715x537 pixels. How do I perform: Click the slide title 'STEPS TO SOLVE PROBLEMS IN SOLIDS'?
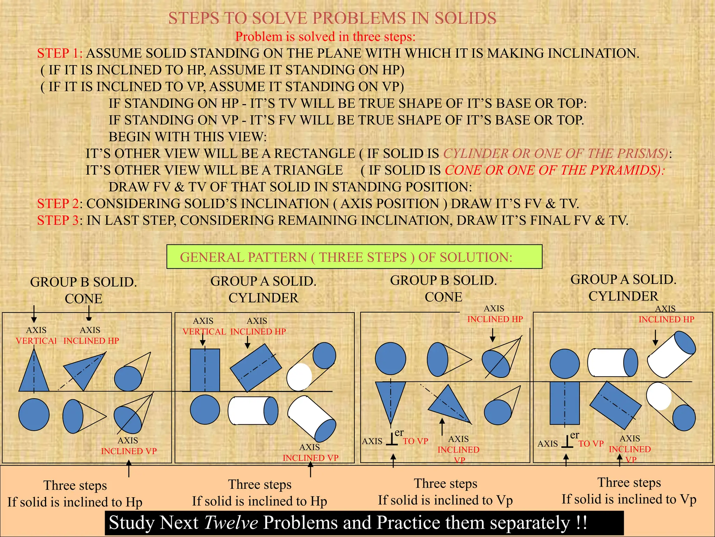pyautogui.click(x=332, y=18)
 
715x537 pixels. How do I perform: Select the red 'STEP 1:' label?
pyautogui.click(x=60, y=53)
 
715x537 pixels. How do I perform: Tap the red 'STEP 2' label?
pyautogui.click(x=58, y=204)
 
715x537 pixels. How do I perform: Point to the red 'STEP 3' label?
pyautogui.click(x=58, y=221)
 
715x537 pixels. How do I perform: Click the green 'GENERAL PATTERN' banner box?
pyautogui.click(x=354, y=257)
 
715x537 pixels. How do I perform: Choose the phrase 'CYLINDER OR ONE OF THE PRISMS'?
pyautogui.click(x=555, y=154)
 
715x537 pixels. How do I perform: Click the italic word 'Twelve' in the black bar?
pyautogui.click(x=231, y=523)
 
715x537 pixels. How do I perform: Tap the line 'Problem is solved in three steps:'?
pyautogui.click(x=325, y=37)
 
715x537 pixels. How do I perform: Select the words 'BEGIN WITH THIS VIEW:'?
pyautogui.click(x=187, y=137)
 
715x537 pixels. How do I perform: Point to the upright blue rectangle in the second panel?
pyautogui.click(x=205, y=370)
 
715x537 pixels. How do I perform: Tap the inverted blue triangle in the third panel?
pyautogui.click(x=390, y=399)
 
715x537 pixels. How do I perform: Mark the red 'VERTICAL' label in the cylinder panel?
pyautogui.click(x=204, y=332)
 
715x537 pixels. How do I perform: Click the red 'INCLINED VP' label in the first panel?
pyautogui.click(x=129, y=451)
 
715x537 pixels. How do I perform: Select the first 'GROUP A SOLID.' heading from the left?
pyautogui.click(x=263, y=281)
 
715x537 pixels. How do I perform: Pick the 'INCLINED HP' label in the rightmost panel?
pyautogui.click(x=666, y=320)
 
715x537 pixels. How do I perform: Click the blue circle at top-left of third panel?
pyautogui.click(x=390, y=359)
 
